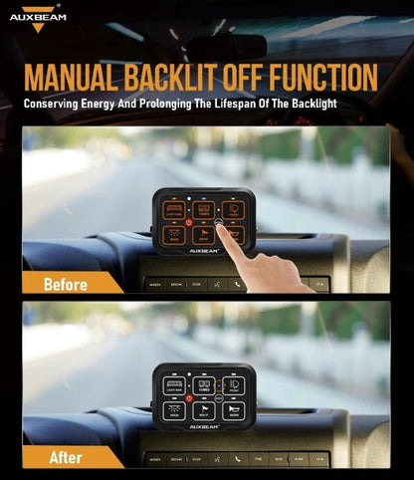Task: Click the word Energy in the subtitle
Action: click(109, 104)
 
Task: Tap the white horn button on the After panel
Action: click(232, 410)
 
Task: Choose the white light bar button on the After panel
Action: click(174, 384)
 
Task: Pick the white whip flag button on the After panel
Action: click(203, 410)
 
